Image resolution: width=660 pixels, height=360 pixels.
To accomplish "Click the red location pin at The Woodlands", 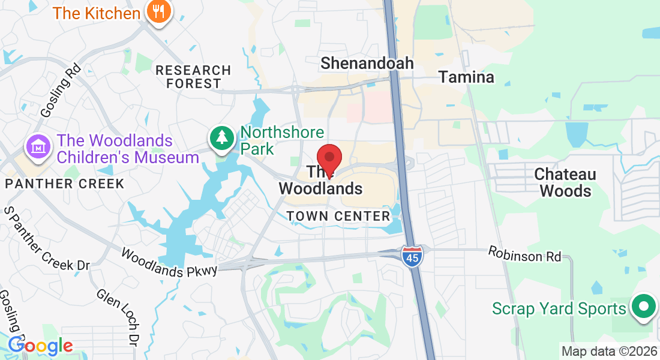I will (x=329, y=158).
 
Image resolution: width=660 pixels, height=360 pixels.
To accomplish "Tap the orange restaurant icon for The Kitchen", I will (x=158, y=12).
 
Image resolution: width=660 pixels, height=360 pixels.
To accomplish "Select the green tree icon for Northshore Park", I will (x=223, y=138).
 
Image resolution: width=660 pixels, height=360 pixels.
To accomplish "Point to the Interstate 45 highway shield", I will (x=412, y=256).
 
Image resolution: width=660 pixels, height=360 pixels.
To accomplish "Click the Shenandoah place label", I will (x=367, y=63).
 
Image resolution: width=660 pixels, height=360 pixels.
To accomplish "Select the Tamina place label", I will (x=466, y=77).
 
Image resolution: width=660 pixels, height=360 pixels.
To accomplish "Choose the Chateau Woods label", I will (x=565, y=182).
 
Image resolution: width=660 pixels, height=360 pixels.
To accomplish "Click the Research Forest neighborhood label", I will (x=193, y=77).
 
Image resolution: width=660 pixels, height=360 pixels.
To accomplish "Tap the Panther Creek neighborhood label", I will (x=65, y=184).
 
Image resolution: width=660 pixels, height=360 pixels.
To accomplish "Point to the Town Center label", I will (x=338, y=216).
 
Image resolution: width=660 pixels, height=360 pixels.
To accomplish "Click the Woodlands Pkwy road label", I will (x=169, y=263).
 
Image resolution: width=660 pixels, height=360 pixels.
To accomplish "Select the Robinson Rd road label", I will (x=524, y=254).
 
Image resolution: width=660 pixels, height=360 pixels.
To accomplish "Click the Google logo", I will (x=40, y=346).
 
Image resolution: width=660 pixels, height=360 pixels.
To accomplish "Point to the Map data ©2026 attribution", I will (x=609, y=351).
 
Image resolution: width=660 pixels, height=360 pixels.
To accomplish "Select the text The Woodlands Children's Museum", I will (x=127, y=149).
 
